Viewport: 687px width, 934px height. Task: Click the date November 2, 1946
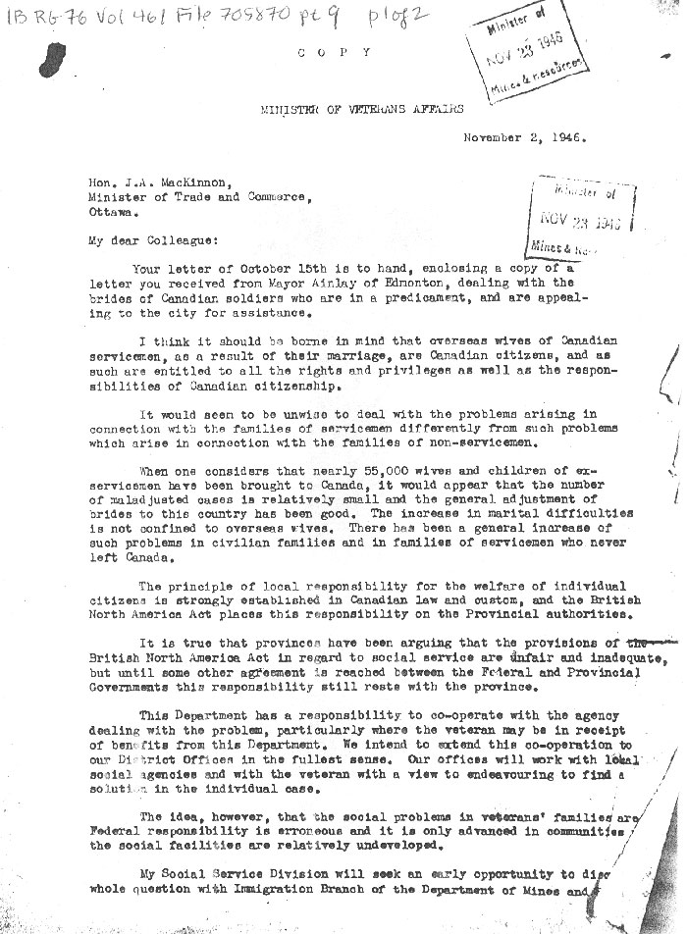click(x=525, y=138)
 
